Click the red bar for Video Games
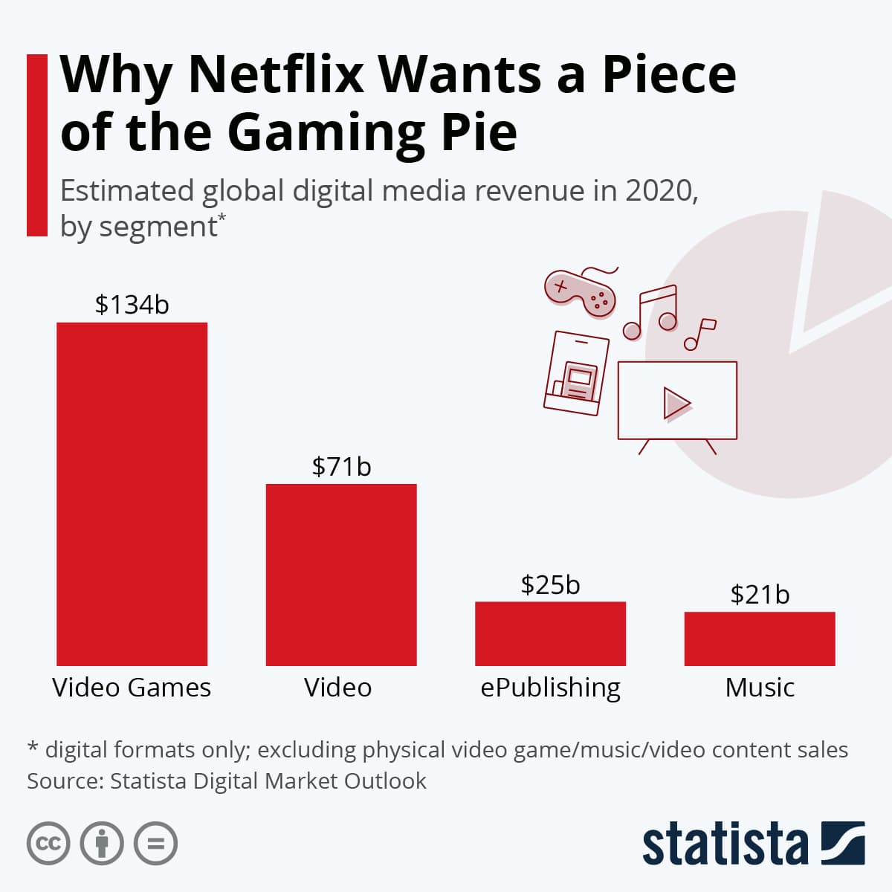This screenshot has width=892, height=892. (x=132, y=494)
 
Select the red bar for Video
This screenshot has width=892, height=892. (x=341, y=575)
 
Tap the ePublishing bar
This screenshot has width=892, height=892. (x=550, y=633)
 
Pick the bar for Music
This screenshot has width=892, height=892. (x=760, y=639)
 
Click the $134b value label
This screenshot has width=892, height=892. (x=132, y=304)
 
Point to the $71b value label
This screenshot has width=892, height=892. (x=341, y=466)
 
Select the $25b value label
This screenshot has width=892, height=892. (x=550, y=585)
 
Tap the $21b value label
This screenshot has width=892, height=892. (x=760, y=595)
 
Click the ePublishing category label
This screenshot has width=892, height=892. (x=550, y=688)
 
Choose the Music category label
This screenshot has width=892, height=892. (x=760, y=688)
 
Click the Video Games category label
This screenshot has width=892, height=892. (x=132, y=688)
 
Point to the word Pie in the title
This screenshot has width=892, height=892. (x=476, y=132)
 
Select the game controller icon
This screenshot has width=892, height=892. (x=580, y=291)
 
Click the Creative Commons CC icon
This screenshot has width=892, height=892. (x=48, y=844)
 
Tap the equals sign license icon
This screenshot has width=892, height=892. (x=155, y=844)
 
